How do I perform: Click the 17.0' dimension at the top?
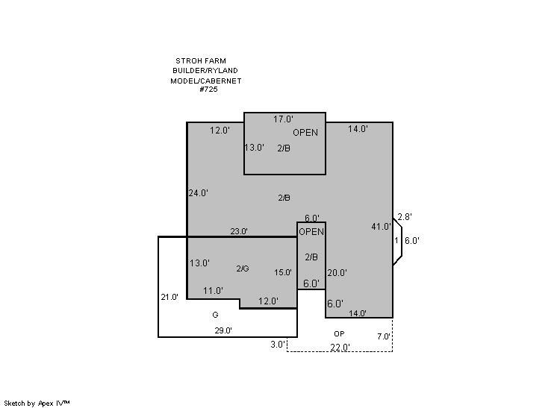[283, 119]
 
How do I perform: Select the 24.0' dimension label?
[198, 193]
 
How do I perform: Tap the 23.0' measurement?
[239, 231]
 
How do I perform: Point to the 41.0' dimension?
[381, 226]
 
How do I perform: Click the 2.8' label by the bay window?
[405, 217]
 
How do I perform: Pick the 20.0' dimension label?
[337, 273]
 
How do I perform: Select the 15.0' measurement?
[283, 272]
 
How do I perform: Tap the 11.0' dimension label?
[213, 291]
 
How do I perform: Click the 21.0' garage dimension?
[169, 297]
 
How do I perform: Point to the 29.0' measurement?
[223, 330]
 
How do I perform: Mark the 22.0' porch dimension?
[340, 348]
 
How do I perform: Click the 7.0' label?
[384, 336]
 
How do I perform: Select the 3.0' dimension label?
[278, 344]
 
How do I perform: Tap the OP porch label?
[339, 334]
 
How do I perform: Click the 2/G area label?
[243, 269]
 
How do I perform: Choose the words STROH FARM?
[201, 60]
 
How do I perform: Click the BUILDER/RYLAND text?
[205, 71]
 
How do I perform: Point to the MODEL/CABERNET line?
[205, 81]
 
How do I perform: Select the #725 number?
[208, 89]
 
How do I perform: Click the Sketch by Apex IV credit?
[37, 404]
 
